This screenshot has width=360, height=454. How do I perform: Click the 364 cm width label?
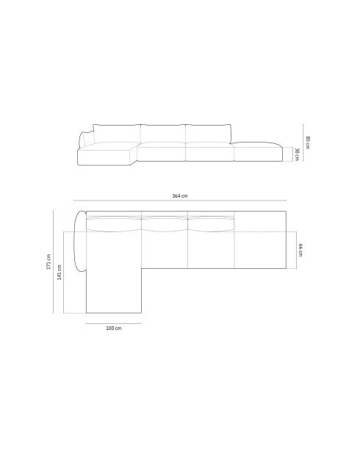point(180,195)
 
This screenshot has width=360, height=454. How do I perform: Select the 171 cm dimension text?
point(48,262)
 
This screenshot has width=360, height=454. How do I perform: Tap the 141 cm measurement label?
point(59,272)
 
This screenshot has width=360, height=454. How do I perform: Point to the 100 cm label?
point(114,328)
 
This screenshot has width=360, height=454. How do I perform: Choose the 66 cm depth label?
point(300,250)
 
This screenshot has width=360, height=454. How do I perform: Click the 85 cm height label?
point(308,143)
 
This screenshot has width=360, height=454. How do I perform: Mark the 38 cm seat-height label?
point(297,154)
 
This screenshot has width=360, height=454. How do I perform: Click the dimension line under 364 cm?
point(180,201)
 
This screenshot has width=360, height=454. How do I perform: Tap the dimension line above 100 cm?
point(114,323)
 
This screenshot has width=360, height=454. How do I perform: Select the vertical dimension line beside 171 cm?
point(54,262)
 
